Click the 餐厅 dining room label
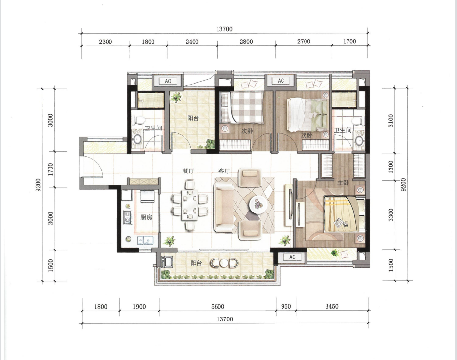(x=188, y=171)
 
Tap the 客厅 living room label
(x=224, y=171)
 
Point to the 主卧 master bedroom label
(x=343, y=183)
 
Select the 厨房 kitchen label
(x=146, y=217)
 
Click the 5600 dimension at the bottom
(x=218, y=306)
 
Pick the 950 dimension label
(x=286, y=306)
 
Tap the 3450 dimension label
(x=332, y=306)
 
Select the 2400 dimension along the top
(x=192, y=42)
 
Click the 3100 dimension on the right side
(x=391, y=121)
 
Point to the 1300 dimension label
(x=391, y=167)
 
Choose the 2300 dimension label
(x=105, y=42)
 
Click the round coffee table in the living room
(x=258, y=204)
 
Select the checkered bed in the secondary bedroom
(x=242, y=107)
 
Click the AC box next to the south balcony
(x=292, y=257)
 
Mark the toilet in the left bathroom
(x=139, y=120)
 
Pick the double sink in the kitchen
(x=146, y=241)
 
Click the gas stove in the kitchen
(x=127, y=217)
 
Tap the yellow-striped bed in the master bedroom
(x=344, y=214)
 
